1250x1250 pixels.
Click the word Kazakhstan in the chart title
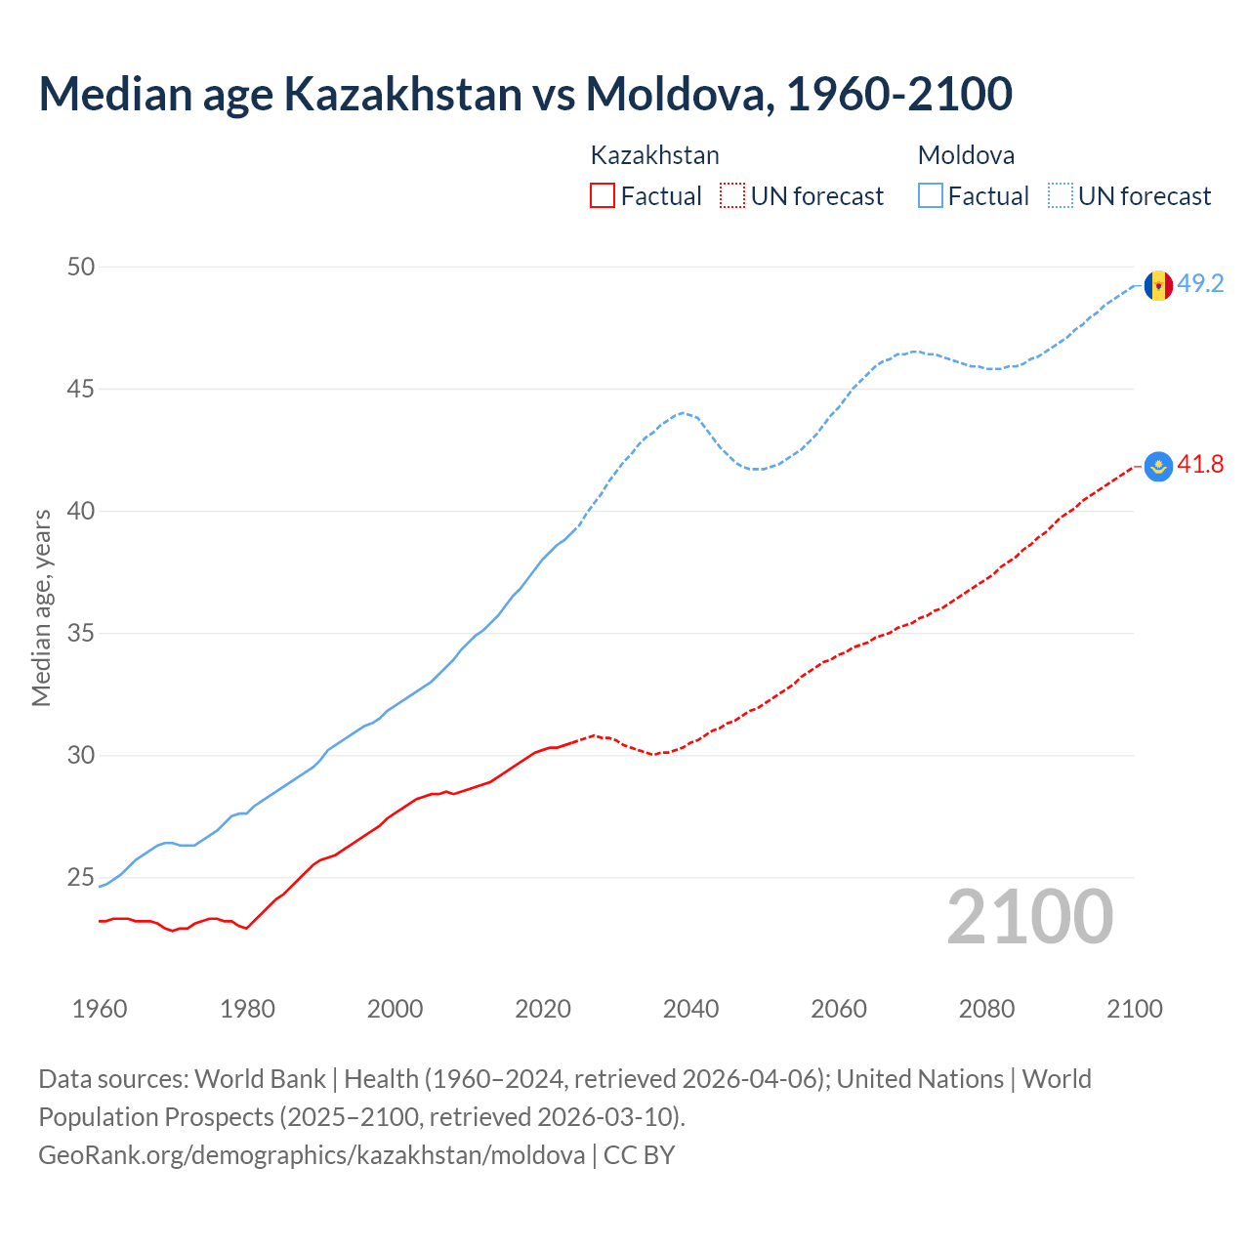(x=402, y=94)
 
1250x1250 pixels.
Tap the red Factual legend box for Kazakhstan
(x=603, y=195)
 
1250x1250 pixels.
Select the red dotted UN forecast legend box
(x=731, y=195)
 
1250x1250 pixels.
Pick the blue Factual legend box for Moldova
(x=931, y=195)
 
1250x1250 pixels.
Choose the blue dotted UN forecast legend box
(x=1060, y=195)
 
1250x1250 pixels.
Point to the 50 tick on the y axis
(x=81, y=267)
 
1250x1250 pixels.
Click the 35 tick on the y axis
(x=81, y=633)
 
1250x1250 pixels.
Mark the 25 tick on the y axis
(x=81, y=877)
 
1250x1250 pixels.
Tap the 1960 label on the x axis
(x=100, y=1009)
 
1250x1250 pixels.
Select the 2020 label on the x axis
(x=543, y=1009)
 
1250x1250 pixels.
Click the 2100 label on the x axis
(x=1134, y=1009)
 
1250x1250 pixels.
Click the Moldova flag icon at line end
(x=1158, y=285)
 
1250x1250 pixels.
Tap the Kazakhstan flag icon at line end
(x=1158, y=467)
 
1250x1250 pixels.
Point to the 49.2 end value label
(x=1200, y=284)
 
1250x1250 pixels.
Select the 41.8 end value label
(x=1200, y=465)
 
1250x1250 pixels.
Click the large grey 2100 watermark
(x=1029, y=916)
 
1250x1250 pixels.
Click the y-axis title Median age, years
(x=41, y=607)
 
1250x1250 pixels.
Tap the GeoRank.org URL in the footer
(x=312, y=1154)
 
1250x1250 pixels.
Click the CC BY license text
(x=640, y=1154)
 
